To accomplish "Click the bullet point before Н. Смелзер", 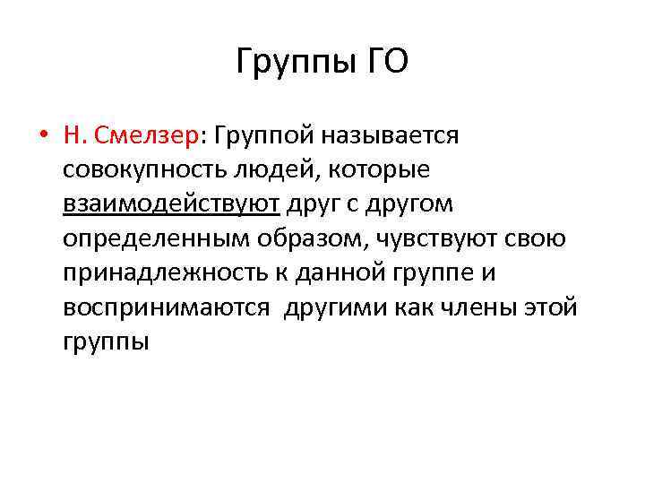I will click(x=43, y=136).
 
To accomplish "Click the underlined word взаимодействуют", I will click(x=171, y=204).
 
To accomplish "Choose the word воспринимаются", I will click(x=167, y=307).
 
